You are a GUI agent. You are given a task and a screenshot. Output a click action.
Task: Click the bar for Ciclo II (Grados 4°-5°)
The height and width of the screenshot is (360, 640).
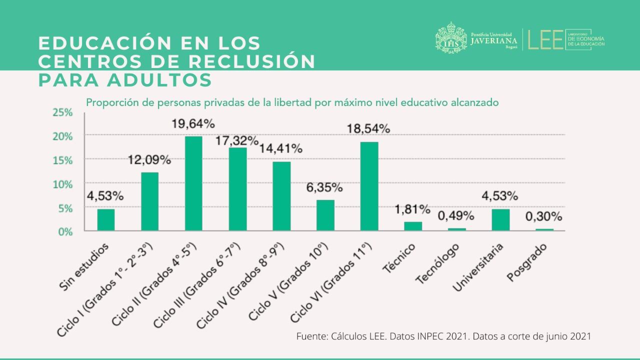pos(193,183)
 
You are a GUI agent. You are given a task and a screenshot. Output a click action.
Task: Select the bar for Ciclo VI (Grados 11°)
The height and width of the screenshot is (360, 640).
pos(369,186)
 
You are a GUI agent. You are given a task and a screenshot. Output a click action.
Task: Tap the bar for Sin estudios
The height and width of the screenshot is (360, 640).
pos(106,220)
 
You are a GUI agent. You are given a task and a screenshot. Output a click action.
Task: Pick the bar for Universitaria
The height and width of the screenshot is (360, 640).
pos(500,220)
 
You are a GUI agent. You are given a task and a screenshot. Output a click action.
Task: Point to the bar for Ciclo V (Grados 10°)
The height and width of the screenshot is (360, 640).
pos(325,215)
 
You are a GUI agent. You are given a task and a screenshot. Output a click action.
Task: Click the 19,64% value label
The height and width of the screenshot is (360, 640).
pos(193,123)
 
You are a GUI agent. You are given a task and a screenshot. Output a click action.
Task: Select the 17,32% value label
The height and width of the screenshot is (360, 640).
pos(237,140)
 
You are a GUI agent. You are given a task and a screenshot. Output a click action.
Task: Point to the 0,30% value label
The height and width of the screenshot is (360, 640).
pos(543,217)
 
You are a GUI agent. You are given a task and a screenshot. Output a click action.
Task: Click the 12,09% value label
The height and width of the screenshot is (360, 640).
pos(149,160)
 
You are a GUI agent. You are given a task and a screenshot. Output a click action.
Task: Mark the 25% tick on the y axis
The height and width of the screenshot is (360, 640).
pos(62,113)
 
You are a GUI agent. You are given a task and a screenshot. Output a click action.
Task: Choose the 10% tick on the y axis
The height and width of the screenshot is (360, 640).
pos(62,184)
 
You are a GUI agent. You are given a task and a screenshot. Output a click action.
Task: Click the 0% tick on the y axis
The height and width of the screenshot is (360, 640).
pos(65,231)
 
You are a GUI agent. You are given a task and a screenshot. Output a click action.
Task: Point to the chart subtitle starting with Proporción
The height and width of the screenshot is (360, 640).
pos(292,102)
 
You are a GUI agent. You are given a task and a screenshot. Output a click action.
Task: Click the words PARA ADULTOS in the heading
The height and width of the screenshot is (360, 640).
pos(125,79)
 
